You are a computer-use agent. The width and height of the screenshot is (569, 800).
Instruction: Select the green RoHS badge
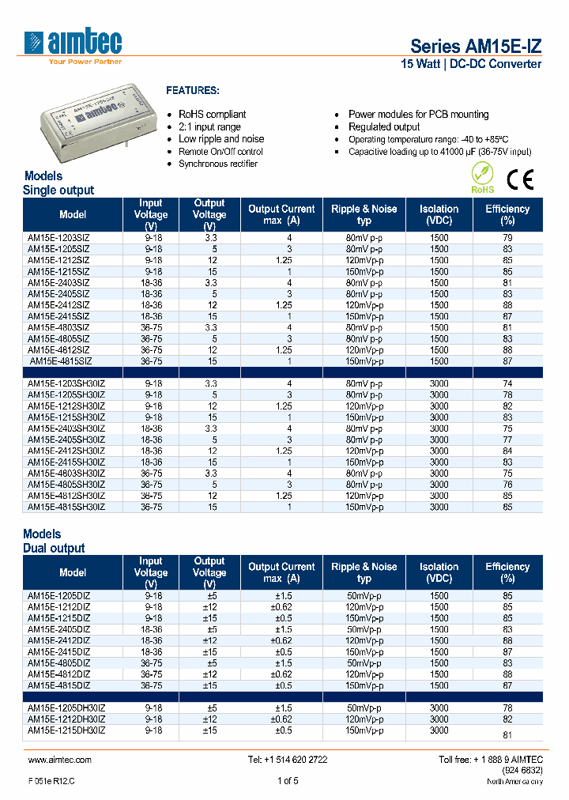(x=482, y=178)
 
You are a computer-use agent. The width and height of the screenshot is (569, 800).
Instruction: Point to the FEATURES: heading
(x=193, y=91)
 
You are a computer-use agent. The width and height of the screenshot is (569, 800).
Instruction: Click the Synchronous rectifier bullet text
(x=218, y=164)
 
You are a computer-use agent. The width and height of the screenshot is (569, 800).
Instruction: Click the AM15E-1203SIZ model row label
(x=58, y=237)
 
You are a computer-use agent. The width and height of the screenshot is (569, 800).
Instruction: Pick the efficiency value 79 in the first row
(x=507, y=237)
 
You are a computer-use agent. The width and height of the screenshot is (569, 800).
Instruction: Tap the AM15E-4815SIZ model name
(x=60, y=360)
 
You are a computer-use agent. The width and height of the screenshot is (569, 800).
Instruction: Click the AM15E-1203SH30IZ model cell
(x=66, y=383)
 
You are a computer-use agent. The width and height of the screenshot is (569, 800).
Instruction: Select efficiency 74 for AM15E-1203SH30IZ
(x=507, y=383)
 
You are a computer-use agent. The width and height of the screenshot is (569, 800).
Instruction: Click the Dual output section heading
(x=54, y=548)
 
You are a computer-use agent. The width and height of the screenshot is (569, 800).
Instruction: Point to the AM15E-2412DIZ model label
(x=58, y=640)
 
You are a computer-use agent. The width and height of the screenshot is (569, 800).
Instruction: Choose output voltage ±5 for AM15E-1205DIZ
(x=209, y=595)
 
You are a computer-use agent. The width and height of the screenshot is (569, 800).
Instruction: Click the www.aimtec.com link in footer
(x=59, y=760)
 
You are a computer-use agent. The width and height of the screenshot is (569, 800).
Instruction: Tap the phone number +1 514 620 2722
(x=288, y=760)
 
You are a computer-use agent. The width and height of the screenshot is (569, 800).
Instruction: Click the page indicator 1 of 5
(x=288, y=781)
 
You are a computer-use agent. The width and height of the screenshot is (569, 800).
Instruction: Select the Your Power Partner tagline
(x=85, y=62)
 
